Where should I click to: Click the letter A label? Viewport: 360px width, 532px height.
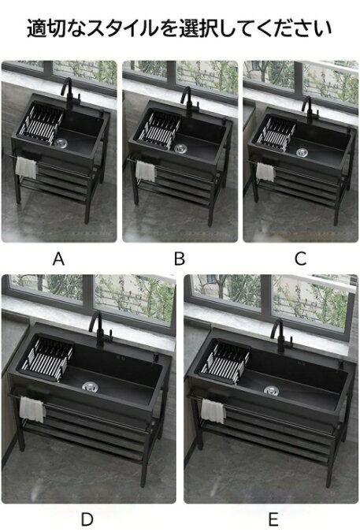(58, 259)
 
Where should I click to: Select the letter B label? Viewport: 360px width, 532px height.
(180, 259)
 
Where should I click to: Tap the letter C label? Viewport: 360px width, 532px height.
(300, 259)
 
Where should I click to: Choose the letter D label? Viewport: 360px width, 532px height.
(87, 519)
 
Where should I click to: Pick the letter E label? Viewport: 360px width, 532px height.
(273, 519)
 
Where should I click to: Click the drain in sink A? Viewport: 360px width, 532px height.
(61, 143)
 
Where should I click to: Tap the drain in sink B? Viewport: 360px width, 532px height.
(180, 148)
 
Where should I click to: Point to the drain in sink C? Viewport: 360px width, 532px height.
(302, 152)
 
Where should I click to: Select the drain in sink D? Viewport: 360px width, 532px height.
(90, 386)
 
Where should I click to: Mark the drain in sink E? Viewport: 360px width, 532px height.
(271, 390)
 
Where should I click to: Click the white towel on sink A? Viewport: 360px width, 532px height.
(26, 168)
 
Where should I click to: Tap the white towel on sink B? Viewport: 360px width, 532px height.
(146, 171)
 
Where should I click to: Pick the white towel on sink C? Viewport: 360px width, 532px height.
(265, 172)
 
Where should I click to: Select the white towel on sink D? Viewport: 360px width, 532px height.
(32, 409)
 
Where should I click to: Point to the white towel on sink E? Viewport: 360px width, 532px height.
(213, 411)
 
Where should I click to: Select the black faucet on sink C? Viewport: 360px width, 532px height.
(311, 110)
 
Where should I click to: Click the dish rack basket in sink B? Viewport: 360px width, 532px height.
(157, 128)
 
